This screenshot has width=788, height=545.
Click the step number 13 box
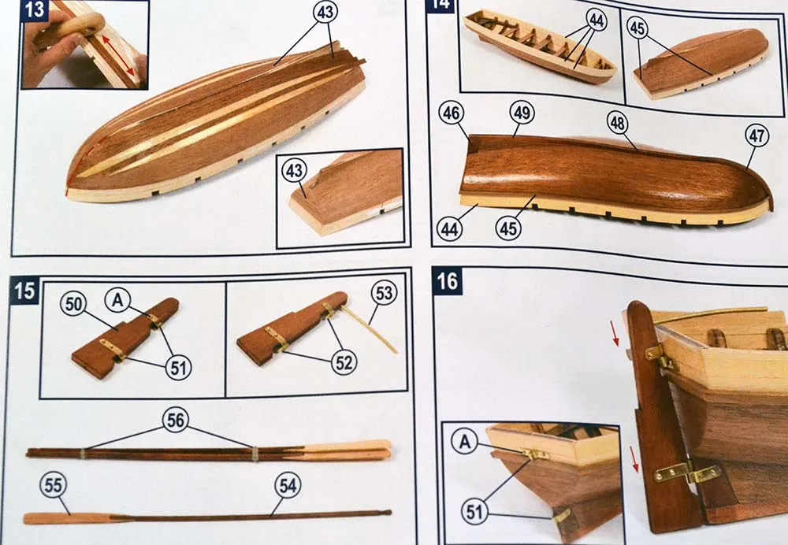pos(34,10)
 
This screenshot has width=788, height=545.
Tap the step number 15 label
pos(24,291)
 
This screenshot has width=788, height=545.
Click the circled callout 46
pos(451,113)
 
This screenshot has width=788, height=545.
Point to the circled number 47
pos(756,135)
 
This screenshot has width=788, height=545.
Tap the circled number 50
pos(72,304)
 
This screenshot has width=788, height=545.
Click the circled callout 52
pos(344,362)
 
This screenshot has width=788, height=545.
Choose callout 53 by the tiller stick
pos(384,293)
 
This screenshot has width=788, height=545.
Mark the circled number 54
pos(288,486)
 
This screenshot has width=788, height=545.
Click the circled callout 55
pos(53,485)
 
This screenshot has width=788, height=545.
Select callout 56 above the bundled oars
pos(176,420)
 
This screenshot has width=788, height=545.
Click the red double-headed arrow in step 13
pos(119,55)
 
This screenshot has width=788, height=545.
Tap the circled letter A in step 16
pos(465,442)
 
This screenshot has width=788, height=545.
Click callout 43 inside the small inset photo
pos(294,171)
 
